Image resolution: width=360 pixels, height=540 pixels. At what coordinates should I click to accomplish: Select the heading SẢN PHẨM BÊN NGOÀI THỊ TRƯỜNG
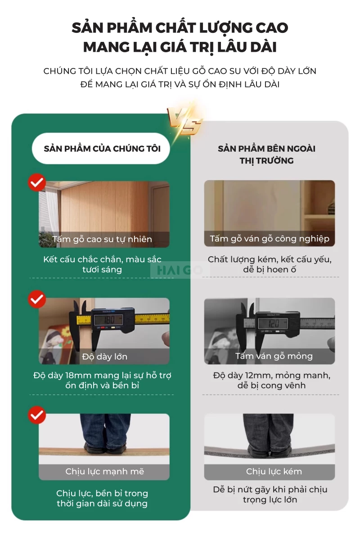tap(267, 154)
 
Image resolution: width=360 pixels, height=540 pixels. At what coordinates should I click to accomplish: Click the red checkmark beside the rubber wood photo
tap(37, 182)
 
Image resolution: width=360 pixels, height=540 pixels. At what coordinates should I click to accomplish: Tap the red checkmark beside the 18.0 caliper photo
tap(37, 299)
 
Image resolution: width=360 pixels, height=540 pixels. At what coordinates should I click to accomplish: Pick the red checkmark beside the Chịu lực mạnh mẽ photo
tap(37, 415)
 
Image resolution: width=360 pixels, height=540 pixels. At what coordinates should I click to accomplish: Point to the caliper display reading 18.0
tap(109, 320)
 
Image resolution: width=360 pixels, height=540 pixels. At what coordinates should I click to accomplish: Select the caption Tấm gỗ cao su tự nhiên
tap(102, 239)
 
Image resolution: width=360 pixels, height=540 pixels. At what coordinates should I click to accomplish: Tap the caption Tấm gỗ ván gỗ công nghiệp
tap(270, 239)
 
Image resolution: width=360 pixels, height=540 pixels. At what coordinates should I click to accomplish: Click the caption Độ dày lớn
tap(105, 356)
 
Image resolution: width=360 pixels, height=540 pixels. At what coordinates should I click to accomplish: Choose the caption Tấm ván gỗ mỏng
tap(274, 356)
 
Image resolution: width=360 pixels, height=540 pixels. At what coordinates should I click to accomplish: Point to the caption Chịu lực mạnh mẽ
tap(105, 472)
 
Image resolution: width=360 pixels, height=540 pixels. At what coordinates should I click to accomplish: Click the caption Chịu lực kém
tap(274, 472)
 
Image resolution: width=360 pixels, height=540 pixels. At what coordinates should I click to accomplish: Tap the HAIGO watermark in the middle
tap(180, 270)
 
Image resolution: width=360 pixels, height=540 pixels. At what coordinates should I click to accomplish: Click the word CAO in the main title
tap(272, 28)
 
